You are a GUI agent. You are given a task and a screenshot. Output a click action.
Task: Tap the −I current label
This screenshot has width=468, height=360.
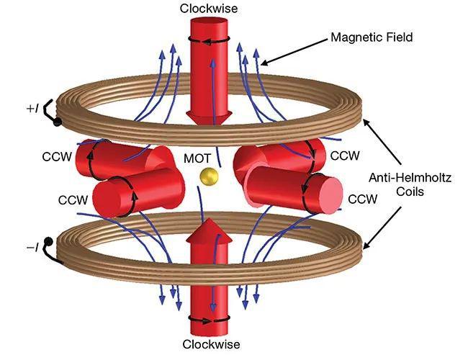tap(32, 248)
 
